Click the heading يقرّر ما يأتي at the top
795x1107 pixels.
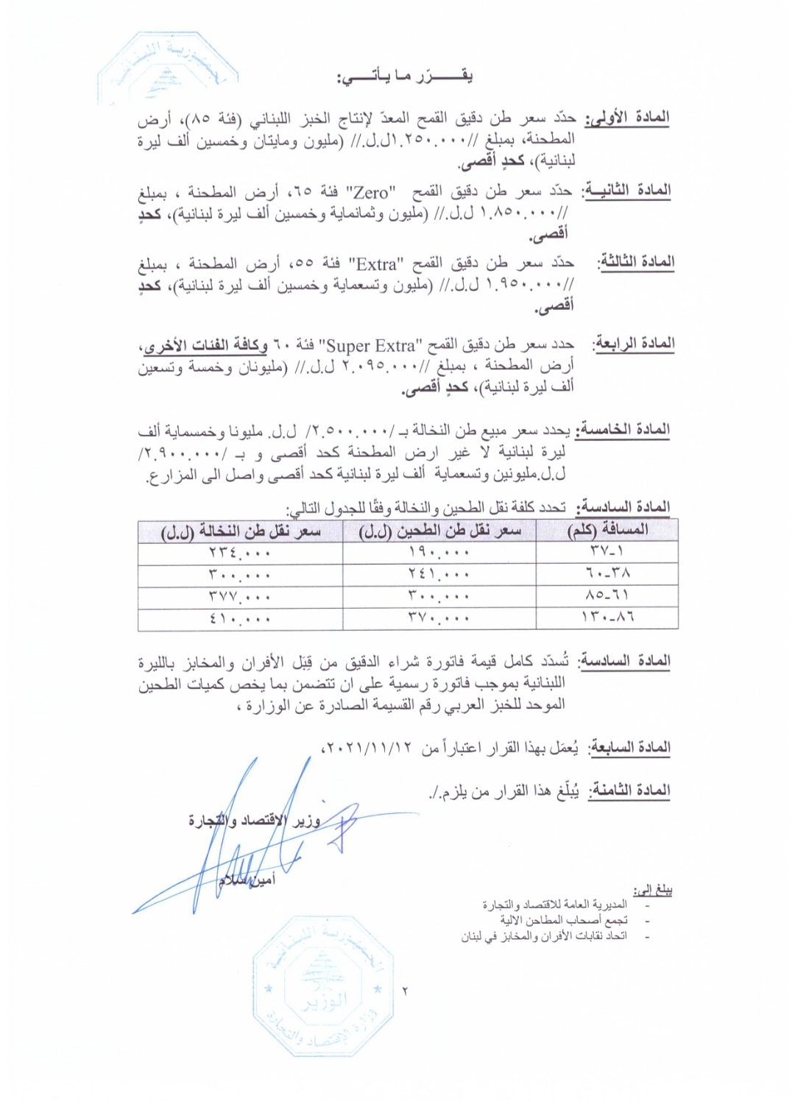click(x=405, y=77)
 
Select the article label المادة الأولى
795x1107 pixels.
click(x=628, y=118)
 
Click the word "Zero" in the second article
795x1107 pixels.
click(x=371, y=193)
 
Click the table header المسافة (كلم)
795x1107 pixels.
click(x=608, y=531)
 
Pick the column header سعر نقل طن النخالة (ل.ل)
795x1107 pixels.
click(x=241, y=531)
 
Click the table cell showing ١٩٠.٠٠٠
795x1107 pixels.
click(x=439, y=552)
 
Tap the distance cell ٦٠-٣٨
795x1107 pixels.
click(x=608, y=574)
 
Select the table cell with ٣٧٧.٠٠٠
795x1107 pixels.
click(x=241, y=596)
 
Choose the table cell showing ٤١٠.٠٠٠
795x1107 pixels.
click(x=241, y=619)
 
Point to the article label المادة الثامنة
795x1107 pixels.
click(x=629, y=791)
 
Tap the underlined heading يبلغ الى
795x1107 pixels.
click(x=653, y=890)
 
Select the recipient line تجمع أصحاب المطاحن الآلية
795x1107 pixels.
click(x=564, y=920)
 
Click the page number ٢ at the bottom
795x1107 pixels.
click(x=406, y=991)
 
